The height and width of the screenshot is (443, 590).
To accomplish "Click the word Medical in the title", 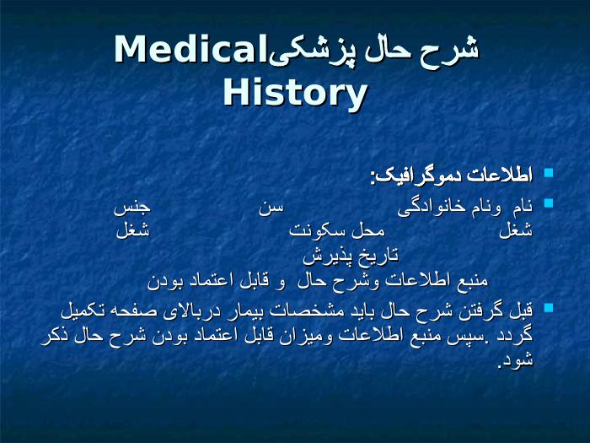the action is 190,50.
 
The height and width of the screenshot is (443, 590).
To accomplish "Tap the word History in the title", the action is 295,94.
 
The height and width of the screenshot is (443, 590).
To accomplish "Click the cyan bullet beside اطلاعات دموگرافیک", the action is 549,173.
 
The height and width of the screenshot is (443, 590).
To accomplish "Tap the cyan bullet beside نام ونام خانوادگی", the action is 549,203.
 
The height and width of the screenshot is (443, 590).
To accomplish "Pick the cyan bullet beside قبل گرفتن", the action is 549,307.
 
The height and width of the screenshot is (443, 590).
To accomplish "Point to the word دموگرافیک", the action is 417,176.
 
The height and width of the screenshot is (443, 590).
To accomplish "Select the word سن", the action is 271,208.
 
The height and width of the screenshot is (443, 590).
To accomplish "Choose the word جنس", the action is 132,208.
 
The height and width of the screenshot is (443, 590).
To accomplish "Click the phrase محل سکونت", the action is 337,230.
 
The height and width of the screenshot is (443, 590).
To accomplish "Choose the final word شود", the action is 516,359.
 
